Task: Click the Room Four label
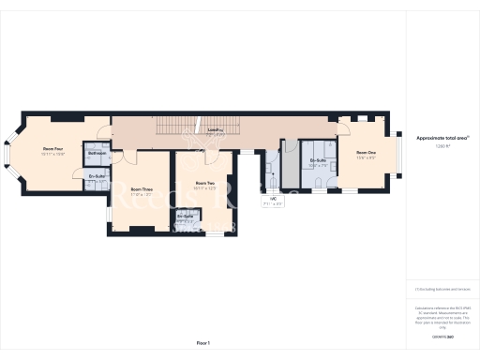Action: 52,148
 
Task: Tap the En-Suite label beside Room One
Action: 318,160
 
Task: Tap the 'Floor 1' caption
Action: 202,344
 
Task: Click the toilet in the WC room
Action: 270,169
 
